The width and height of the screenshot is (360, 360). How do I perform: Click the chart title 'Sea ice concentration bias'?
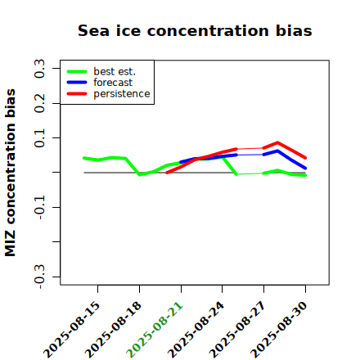tap(195, 30)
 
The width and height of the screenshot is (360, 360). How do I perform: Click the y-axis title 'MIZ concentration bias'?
tap(11, 173)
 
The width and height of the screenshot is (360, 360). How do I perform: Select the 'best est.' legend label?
tap(115, 71)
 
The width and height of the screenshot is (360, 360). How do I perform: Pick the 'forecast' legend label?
tap(113, 83)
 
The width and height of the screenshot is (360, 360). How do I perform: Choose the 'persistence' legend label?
tap(122, 94)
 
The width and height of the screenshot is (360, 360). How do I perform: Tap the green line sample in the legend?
tap(77, 71)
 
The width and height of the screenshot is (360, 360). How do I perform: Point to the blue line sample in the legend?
tap(77, 83)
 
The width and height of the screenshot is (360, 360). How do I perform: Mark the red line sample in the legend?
tap(77, 94)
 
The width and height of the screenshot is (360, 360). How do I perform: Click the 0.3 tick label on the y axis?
tap(40, 69)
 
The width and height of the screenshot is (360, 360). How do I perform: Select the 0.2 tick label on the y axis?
tap(40, 103)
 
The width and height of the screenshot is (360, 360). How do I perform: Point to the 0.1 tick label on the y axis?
tap(40, 138)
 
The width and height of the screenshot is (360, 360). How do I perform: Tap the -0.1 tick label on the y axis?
tap(40, 207)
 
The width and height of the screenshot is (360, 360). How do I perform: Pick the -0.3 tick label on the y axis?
tap(40, 277)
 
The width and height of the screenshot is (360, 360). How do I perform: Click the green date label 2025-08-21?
tap(155, 330)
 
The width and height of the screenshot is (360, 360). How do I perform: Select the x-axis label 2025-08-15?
tap(71, 330)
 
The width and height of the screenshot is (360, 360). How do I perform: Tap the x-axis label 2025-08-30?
tap(279, 330)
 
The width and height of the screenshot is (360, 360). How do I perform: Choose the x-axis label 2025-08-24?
tap(196, 330)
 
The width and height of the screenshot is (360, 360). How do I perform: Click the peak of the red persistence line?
tap(277, 142)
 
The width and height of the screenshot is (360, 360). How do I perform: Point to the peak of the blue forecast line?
tap(277, 151)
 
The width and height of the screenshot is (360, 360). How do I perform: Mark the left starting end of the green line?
tap(84, 158)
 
